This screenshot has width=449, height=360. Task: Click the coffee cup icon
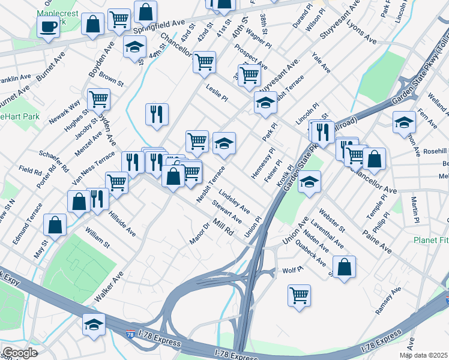(47, 26)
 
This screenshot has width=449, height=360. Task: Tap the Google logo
(20, 353)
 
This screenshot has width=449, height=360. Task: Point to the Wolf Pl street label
(293, 271)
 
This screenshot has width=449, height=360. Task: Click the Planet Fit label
(430, 240)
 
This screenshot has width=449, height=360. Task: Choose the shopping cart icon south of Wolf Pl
(300, 295)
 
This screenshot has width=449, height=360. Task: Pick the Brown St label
(111, 78)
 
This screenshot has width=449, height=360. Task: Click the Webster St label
(332, 220)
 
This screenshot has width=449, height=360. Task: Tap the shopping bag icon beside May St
(55, 225)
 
